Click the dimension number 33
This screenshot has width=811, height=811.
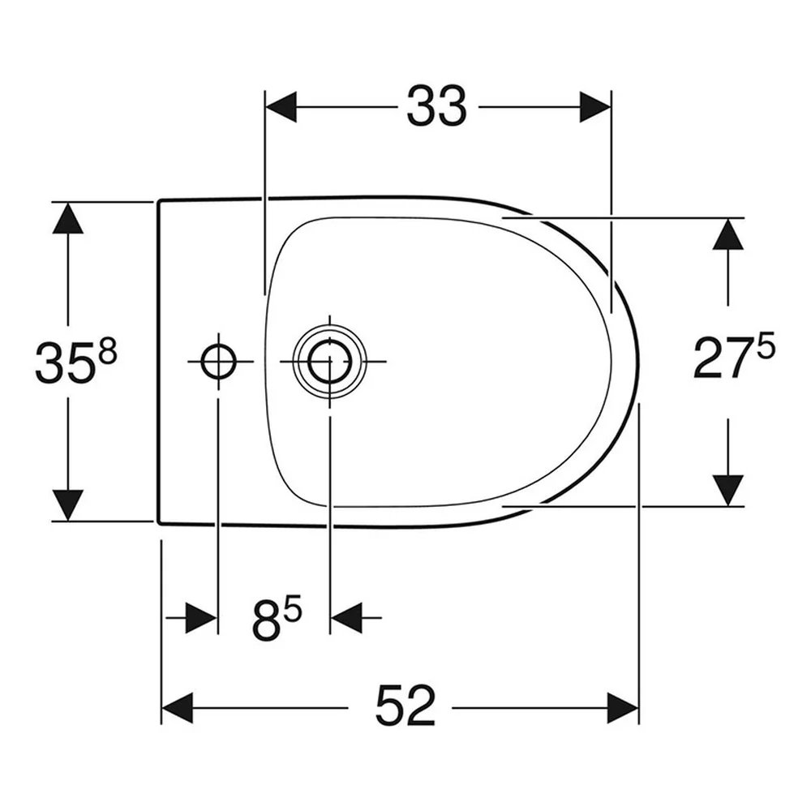pyautogui.click(x=436, y=106)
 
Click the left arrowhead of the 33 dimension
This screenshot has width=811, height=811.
pyautogui.click(x=281, y=107)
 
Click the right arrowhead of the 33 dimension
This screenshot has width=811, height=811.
pyautogui.click(x=595, y=107)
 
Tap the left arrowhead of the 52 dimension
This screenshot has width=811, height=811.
pyautogui.click(x=178, y=708)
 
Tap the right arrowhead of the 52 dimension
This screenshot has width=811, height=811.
pyautogui.click(x=623, y=708)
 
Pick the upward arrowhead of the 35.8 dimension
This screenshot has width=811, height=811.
pyautogui.click(x=68, y=217)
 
